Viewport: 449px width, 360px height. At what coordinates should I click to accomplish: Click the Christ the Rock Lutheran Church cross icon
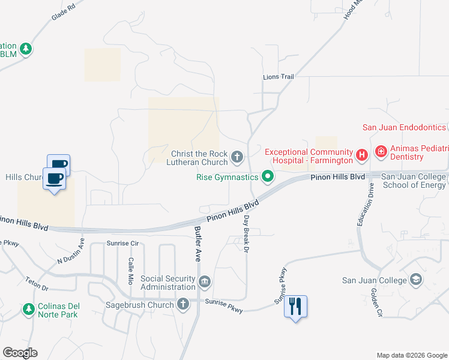point(237,158)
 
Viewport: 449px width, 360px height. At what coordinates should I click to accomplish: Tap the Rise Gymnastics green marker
point(268,176)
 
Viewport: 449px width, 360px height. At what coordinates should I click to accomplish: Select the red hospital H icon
point(362,155)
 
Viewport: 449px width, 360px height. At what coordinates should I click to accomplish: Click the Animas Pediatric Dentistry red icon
point(381,152)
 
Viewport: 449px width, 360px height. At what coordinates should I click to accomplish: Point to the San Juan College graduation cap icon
point(416,280)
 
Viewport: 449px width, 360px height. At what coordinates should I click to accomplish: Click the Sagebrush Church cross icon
point(183,304)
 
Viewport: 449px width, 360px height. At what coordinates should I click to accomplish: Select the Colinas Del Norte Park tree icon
point(28,309)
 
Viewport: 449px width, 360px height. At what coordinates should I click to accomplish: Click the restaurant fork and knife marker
point(295,307)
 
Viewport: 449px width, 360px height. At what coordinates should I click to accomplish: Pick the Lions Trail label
point(279,77)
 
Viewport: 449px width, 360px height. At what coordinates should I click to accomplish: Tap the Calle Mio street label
point(130,271)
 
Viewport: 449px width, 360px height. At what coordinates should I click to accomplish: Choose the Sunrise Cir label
point(122,244)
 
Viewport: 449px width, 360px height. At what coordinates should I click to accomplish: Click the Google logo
point(20,353)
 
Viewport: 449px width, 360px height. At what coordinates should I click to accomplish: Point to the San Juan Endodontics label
point(404,127)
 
